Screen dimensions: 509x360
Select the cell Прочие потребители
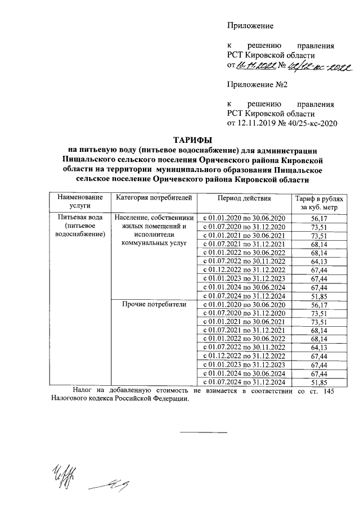154,304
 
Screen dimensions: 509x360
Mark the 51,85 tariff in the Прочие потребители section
318,382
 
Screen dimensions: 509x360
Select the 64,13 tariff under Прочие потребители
318,348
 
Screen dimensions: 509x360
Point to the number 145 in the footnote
329,391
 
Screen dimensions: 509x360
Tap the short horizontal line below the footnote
204,432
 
